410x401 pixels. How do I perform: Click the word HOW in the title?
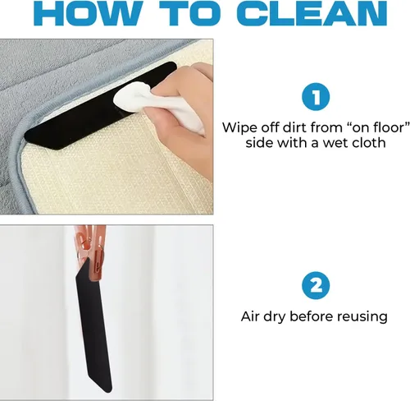tap(88, 14)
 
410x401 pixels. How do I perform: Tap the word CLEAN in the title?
tap(312, 14)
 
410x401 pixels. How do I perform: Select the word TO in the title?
tap(189, 14)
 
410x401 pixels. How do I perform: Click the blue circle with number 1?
tap(316, 97)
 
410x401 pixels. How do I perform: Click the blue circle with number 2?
tap(316, 285)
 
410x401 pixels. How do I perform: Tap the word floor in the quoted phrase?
tap(392, 127)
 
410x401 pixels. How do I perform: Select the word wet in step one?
tap(335, 143)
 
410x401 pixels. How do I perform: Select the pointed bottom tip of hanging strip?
tap(109, 392)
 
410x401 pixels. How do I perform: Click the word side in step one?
tap(259, 142)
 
